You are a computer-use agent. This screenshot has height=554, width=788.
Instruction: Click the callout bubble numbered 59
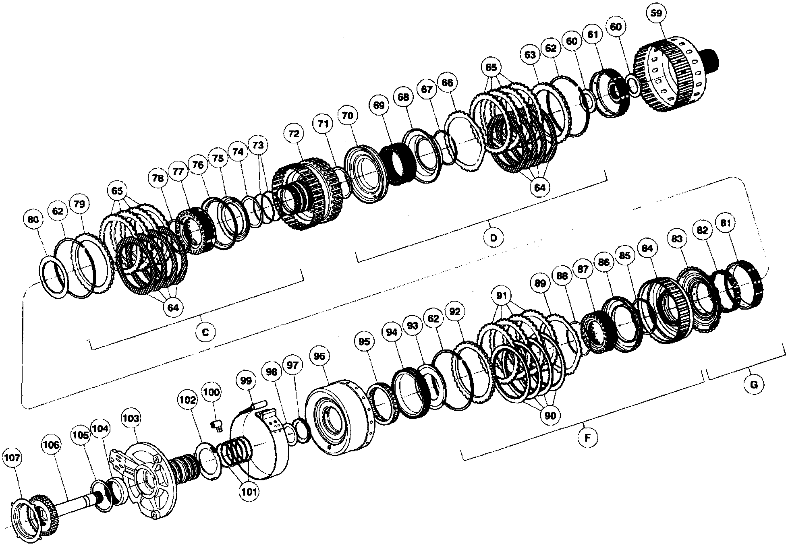pyautogui.click(x=656, y=13)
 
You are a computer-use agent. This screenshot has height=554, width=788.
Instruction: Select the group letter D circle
pyautogui.click(x=494, y=238)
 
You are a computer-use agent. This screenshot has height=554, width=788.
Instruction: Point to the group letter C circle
pyautogui.click(x=205, y=332)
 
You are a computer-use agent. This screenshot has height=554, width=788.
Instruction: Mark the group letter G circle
pyautogui.click(x=754, y=384)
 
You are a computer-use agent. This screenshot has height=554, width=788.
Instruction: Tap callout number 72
pyautogui.click(x=294, y=134)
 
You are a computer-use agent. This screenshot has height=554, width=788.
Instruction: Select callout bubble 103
pyautogui.click(x=131, y=419)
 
